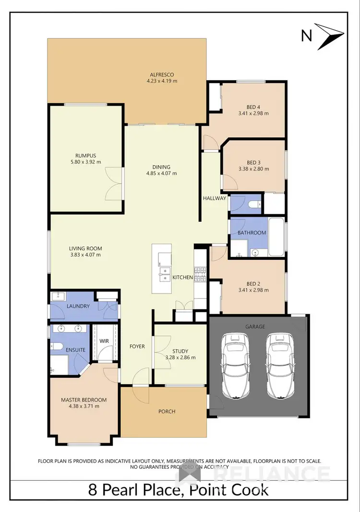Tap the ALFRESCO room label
[x=162, y=74]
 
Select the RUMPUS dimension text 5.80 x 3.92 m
[x=85, y=162]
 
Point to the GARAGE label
[x=255, y=327]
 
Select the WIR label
[x=105, y=341]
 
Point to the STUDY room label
[x=180, y=351]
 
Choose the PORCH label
[x=167, y=411]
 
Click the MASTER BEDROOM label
[x=84, y=400]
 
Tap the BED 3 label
[x=254, y=162]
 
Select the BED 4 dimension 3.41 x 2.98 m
[x=254, y=114]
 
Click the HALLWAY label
[x=214, y=198]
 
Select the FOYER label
[x=137, y=346]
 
